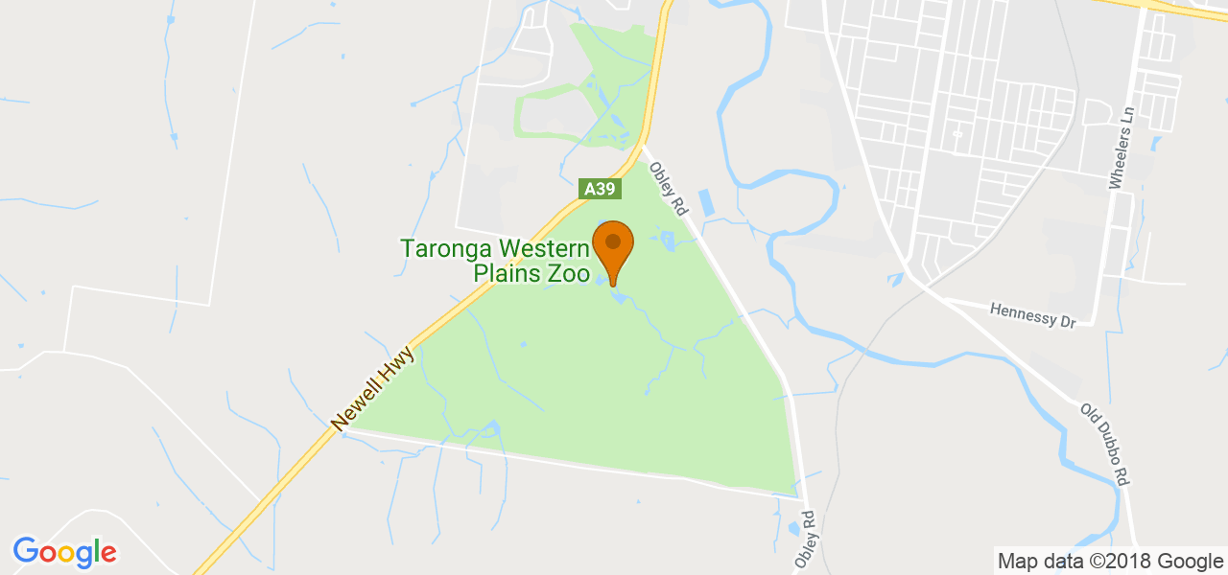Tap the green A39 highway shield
coord(599,189)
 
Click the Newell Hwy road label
coord(372,388)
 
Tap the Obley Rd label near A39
coord(670,188)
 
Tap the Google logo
coord(64,552)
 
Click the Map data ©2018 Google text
coord(1110,562)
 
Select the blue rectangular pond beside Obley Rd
coord(708,202)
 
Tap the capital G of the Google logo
coord(27,551)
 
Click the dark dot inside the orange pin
coord(613,241)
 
